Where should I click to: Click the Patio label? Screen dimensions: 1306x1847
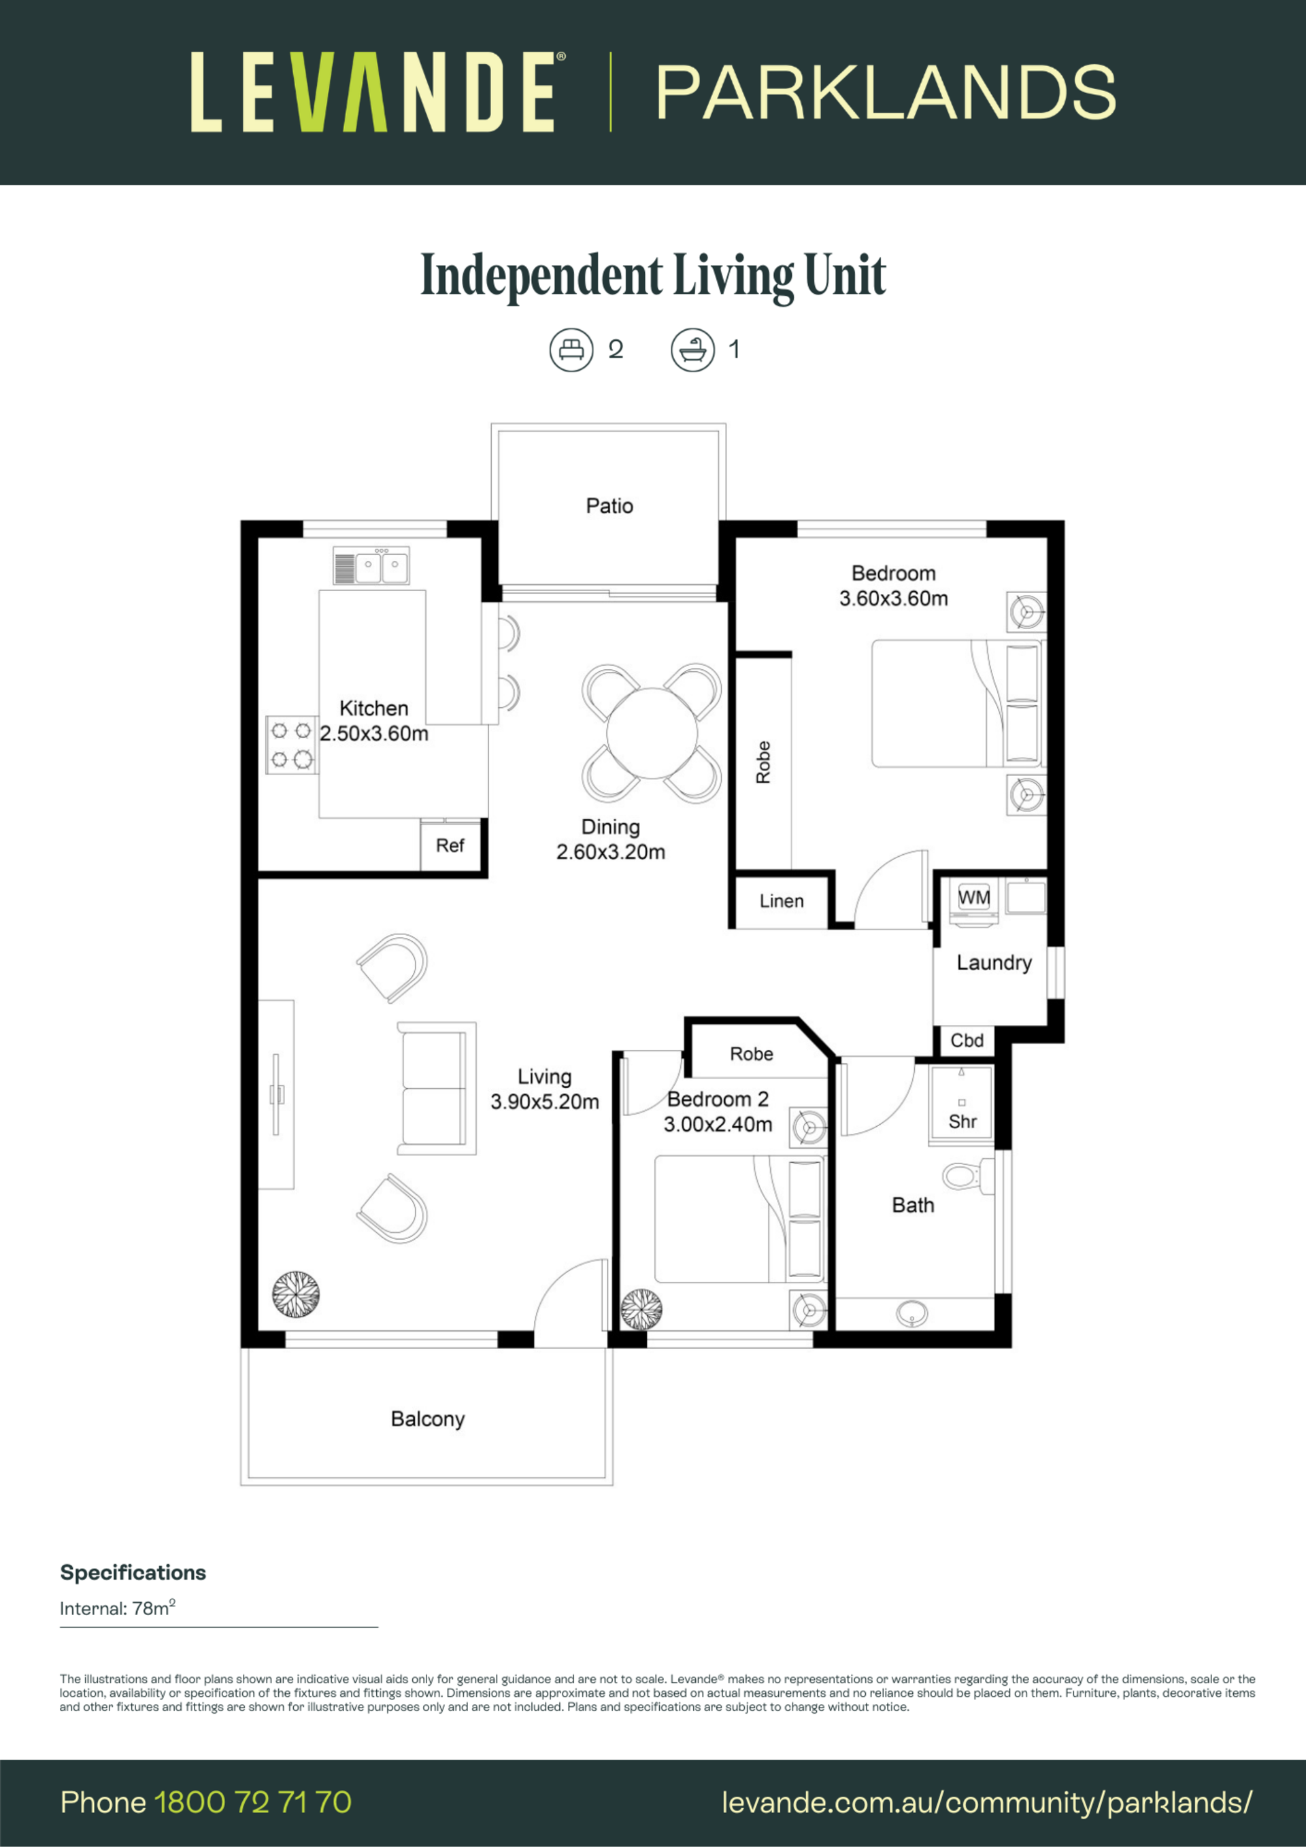[x=609, y=506]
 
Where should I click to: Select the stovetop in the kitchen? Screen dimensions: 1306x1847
[x=292, y=745]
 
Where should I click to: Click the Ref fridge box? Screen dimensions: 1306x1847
[x=450, y=845]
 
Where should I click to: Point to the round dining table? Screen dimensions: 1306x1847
[x=652, y=733]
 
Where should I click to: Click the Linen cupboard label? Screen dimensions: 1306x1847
[x=782, y=901]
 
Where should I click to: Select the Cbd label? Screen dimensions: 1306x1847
[x=967, y=1040]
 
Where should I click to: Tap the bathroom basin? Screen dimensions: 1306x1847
[x=911, y=1315]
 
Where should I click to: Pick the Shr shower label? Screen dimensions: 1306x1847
[x=962, y=1121]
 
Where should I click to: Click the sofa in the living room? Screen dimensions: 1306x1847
[x=436, y=1088]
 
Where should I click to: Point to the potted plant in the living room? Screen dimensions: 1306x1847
[x=295, y=1294]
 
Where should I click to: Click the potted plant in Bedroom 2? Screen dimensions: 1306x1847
[x=642, y=1310]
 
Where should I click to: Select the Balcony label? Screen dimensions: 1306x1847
[x=427, y=1419]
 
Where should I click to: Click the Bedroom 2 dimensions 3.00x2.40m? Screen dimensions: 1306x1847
[x=718, y=1125]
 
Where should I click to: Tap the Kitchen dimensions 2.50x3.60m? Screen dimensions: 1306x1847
[x=374, y=734]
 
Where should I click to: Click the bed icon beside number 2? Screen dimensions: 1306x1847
[x=571, y=350]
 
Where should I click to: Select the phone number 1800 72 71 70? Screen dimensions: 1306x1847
[x=252, y=1802]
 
